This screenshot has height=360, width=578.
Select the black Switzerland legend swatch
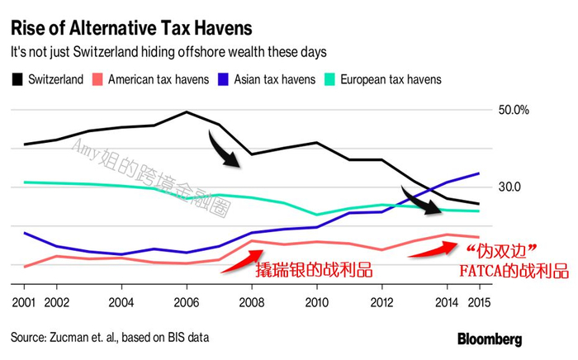tap(17, 80)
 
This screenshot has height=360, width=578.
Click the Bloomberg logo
tap(490, 339)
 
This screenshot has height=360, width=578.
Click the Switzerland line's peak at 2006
tap(187, 111)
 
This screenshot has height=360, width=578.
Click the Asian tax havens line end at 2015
tap(480, 173)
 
